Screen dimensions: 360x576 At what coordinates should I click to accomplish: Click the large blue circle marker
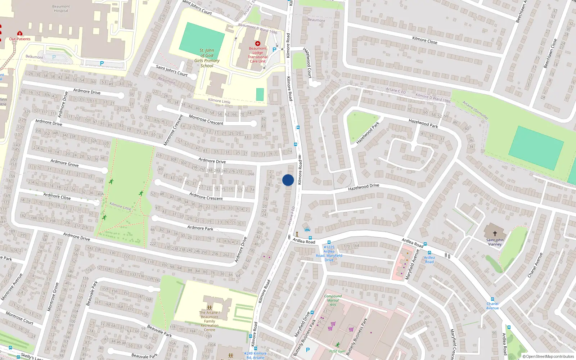click(288, 180)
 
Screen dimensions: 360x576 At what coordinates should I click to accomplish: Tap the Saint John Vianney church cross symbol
click(495, 233)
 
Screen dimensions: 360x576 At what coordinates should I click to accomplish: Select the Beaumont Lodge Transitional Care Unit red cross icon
click(257, 44)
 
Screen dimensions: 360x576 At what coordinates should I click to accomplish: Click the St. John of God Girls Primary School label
click(207, 58)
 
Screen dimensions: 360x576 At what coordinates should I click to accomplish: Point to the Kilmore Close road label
click(425, 40)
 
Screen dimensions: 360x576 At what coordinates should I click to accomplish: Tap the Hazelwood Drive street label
click(364, 187)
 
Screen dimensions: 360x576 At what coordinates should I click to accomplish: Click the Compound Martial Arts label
click(333, 300)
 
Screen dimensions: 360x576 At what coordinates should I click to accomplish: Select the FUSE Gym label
click(337, 351)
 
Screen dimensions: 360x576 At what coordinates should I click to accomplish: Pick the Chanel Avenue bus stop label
click(492, 306)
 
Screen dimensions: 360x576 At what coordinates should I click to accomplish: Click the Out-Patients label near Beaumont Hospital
click(20, 39)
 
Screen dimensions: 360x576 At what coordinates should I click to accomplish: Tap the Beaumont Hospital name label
click(61, 9)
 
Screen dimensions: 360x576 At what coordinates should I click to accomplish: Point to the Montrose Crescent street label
click(206, 120)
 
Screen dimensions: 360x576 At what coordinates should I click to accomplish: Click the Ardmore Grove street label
click(64, 163)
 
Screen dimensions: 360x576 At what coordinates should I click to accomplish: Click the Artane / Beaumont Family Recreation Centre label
click(210, 321)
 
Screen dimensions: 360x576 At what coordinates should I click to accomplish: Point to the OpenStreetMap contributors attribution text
click(548, 356)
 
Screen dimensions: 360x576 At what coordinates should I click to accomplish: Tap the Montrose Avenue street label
click(12, 287)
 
